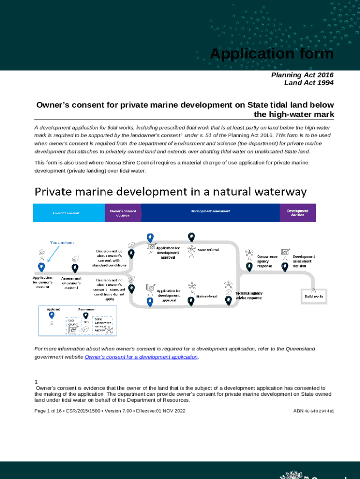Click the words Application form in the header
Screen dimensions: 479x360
pyautogui.click(x=272, y=54)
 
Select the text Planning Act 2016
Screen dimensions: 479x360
pyautogui.click(x=302, y=75)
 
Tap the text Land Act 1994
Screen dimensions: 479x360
pyautogui.click(x=309, y=83)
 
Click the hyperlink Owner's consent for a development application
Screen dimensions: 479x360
pyautogui.click(x=141, y=357)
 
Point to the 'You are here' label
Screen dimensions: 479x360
pyautogui.click(x=62, y=243)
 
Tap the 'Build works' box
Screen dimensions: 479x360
pyautogui.click(x=314, y=296)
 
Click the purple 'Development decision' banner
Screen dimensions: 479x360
pyautogui.click(x=298, y=213)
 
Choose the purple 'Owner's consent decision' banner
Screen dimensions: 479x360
pyautogui.click(x=123, y=213)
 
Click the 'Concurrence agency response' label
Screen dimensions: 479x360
pyautogui.click(x=267, y=261)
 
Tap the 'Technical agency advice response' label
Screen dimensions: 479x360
pyautogui.click(x=249, y=296)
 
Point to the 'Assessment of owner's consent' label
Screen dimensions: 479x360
pyautogui.click(x=71, y=283)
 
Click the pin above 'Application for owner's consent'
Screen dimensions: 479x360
pyautogui.click(x=42, y=267)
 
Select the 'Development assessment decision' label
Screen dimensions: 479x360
pyautogui.click(x=303, y=261)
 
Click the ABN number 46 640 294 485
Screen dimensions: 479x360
pyautogui.click(x=313, y=411)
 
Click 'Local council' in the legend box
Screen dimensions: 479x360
pyautogui.click(x=73, y=322)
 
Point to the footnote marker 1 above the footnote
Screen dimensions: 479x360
pyautogui.click(x=36, y=382)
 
